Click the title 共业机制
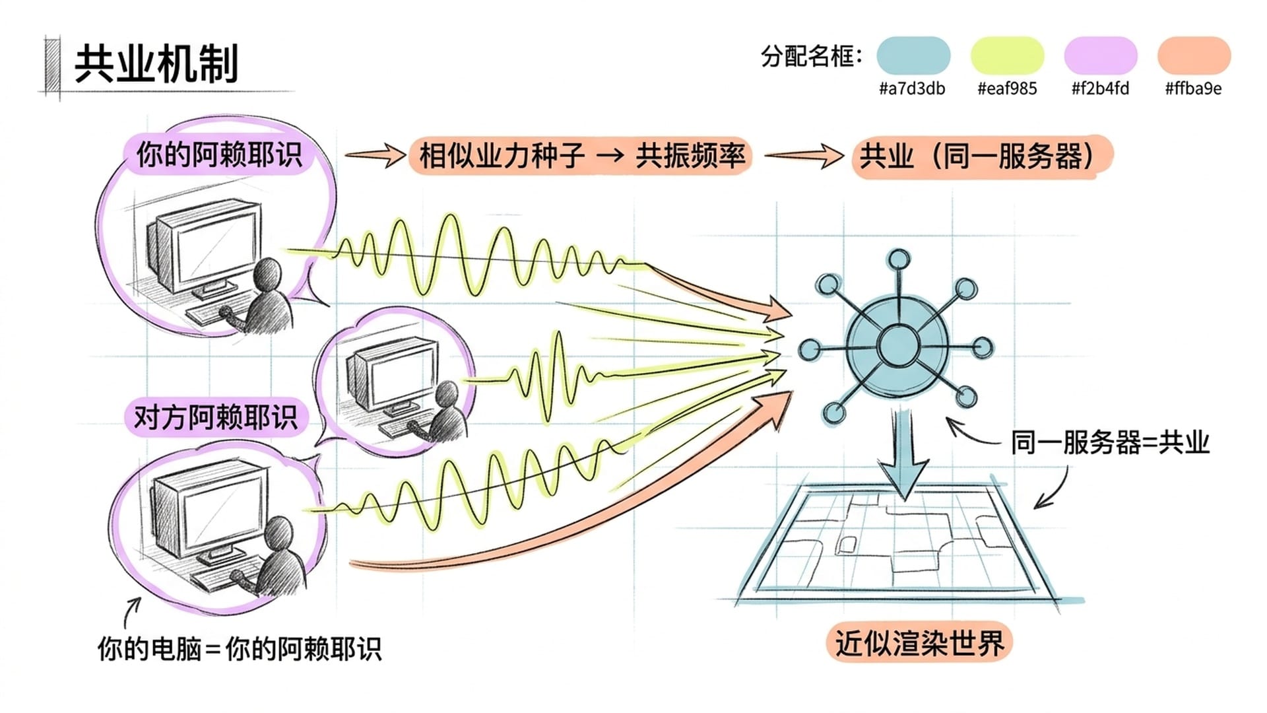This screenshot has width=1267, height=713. pyautogui.click(x=156, y=65)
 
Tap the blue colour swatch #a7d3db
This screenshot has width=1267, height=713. pyautogui.click(x=913, y=55)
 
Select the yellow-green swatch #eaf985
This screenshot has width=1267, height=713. pyautogui.click(x=1006, y=55)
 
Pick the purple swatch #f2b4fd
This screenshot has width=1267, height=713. pyautogui.click(x=1100, y=55)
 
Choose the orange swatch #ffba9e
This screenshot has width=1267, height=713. pyautogui.click(x=1194, y=55)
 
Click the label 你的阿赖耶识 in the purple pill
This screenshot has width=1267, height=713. pyautogui.click(x=218, y=155)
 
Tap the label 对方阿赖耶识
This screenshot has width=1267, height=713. pyautogui.click(x=216, y=417)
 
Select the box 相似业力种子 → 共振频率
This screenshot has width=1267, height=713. pyautogui.click(x=581, y=156)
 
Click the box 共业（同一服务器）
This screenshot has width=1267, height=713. pyautogui.click(x=981, y=156)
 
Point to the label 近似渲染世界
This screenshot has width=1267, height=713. pyautogui.click(x=919, y=642)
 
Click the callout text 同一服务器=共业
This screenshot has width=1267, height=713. pyautogui.click(x=1110, y=442)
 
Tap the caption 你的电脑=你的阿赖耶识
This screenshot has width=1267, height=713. pyautogui.click(x=239, y=649)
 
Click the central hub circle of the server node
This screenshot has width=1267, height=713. pyautogui.click(x=898, y=345)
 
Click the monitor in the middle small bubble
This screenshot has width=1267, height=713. pyautogui.click(x=395, y=373)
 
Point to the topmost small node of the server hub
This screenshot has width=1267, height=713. pyautogui.click(x=898, y=259)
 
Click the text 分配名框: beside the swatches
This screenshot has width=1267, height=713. pyautogui.click(x=811, y=56)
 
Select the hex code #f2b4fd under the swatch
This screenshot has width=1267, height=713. pyautogui.click(x=1100, y=88)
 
